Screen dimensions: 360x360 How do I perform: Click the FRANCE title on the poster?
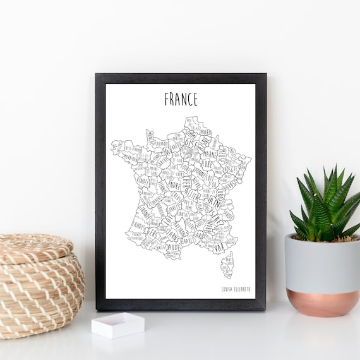(x=181, y=99)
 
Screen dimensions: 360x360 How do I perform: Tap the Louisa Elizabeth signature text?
(x=236, y=289)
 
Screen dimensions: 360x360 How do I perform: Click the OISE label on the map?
(x=191, y=145)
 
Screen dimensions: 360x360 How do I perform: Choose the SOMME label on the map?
(x=190, y=133)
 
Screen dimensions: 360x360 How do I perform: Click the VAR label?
(x=220, y=248)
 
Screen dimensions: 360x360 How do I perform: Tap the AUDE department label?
(x=173, y=247)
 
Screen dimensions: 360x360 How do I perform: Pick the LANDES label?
(x=138, y=224)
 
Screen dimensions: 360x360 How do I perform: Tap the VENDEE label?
(x=143, y=181)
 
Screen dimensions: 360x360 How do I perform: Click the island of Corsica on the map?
(x=227, y=265)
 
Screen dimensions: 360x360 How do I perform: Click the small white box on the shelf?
(x=117, y=325)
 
